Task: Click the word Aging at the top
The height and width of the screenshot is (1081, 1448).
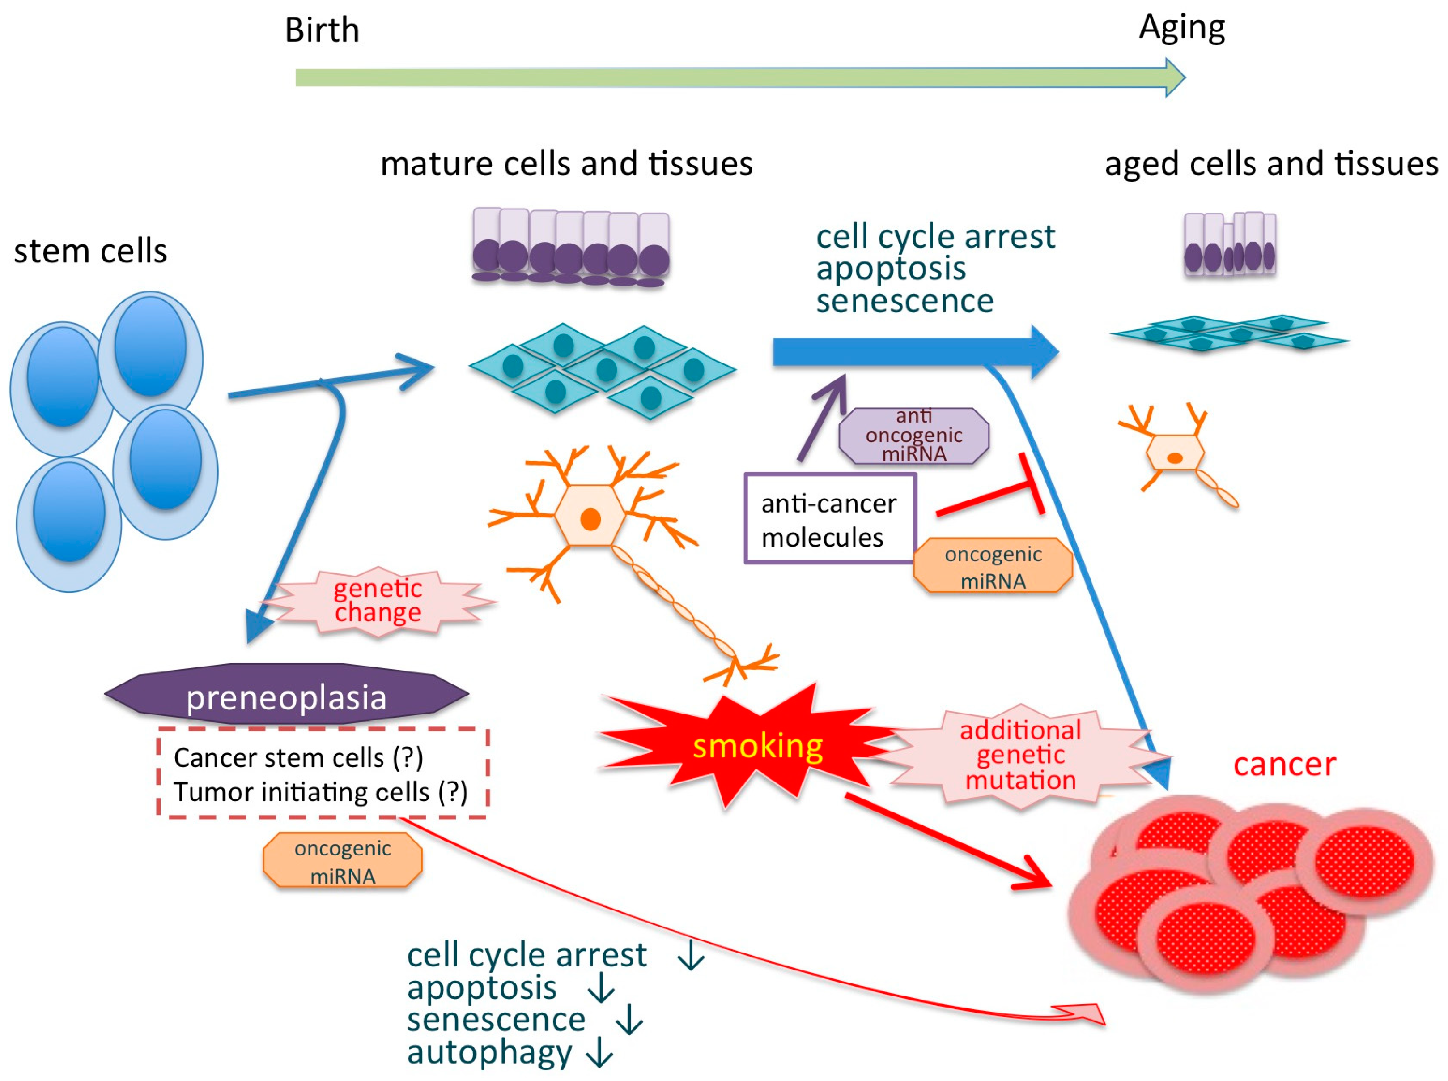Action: click(1181, 28)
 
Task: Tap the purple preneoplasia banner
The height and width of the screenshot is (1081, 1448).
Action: click(286, 696)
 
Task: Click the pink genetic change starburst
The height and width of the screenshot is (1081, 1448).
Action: click(378, 600)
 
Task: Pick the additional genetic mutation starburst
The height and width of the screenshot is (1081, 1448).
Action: click(1020, 755)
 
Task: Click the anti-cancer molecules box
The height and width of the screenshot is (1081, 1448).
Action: click(829, 519)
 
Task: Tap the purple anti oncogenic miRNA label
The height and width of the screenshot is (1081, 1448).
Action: click(913, 435)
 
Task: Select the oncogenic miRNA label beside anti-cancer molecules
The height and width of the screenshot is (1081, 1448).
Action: click(992, 566)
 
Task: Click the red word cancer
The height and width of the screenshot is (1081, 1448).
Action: click(1284, 764)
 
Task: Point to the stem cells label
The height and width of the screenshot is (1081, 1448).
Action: click(90, 251)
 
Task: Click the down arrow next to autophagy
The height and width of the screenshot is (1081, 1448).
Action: click(599, 1054)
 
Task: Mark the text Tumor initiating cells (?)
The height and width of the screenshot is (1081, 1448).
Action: click(320, 792)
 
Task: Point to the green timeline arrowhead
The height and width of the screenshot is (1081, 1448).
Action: click(1174, 77)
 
